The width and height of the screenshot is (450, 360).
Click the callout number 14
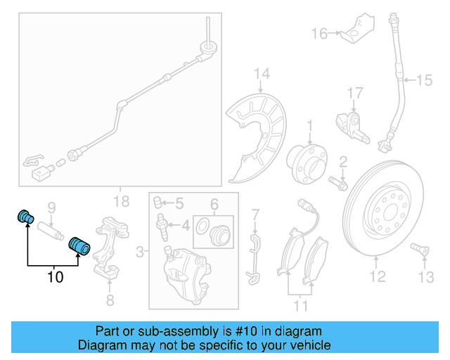(262, 74)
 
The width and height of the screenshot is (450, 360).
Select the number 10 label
(55, 277)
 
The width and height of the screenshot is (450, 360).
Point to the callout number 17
(354, 92)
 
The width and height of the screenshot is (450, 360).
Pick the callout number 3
(141, 251)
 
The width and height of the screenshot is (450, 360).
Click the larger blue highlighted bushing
(79, 247)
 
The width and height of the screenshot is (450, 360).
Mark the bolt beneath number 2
(337, 186)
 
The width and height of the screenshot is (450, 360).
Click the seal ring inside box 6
(202, 226)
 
